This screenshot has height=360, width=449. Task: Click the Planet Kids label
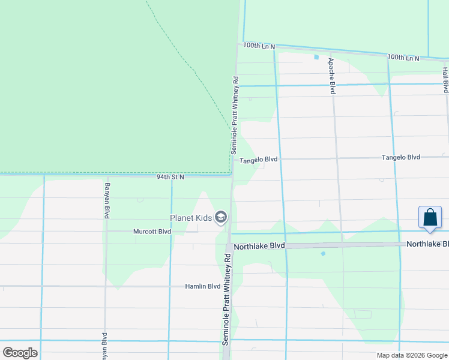pos(191,218)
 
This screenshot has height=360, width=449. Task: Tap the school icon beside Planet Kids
pos(221,217)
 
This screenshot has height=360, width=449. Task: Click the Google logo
pos(20,353)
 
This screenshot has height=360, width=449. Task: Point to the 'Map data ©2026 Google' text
pos(411,355)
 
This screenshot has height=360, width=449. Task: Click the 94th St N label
pos(170,177)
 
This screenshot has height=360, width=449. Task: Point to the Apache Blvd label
pos(331,76)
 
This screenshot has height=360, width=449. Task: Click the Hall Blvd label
pos(445,80)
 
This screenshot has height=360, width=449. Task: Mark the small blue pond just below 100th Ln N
pos(316,58)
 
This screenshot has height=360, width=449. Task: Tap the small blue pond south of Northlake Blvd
pos(323,254)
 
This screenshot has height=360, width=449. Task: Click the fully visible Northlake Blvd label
pos(259,246)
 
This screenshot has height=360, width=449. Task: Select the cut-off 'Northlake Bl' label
pos(427,244)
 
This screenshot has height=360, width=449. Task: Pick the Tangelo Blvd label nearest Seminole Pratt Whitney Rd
pos(259,160)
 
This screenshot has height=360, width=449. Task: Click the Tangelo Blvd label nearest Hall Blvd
pos(401,157)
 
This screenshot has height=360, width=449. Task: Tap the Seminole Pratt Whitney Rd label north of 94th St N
pos(235,115)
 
